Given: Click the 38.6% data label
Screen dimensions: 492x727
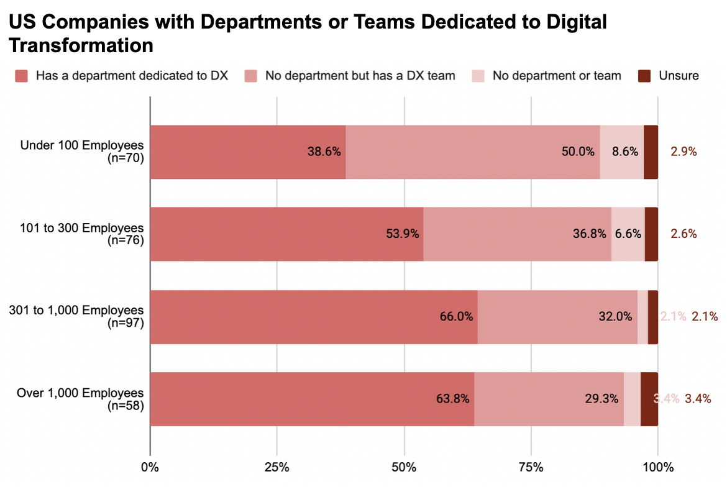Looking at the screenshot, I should click(x=324, y=151).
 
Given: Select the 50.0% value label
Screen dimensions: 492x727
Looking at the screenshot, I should click(x=578, y=151).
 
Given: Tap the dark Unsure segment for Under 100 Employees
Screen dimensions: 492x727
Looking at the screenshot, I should click(x=651, y=152).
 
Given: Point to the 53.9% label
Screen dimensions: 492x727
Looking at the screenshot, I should click(x=402, y=234).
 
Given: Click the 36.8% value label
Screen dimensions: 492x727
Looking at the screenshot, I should click(x=590, y=234).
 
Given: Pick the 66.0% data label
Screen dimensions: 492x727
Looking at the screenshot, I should click(x=456, y=316).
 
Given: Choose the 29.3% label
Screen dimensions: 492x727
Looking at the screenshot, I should click(x=601, y=398).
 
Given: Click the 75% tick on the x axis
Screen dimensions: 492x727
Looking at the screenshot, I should click(x=531, y=467).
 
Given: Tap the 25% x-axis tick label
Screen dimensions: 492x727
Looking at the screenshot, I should click(x=277, y=467).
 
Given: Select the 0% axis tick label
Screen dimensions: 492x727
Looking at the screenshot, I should click(x=150, y=467).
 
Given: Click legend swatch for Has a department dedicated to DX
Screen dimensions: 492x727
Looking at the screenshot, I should click(x=22, y=76).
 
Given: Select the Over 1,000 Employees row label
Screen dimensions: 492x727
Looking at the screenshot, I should click(x=80, y=393).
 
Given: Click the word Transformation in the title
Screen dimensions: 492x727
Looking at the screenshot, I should click(x=81, y=45).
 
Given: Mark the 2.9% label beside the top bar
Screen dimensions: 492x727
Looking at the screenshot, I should click(x=684, y=151).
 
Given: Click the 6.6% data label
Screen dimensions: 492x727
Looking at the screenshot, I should click(x=628, y=234).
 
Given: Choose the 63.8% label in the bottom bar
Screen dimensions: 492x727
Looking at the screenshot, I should click(x=452, y=398).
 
